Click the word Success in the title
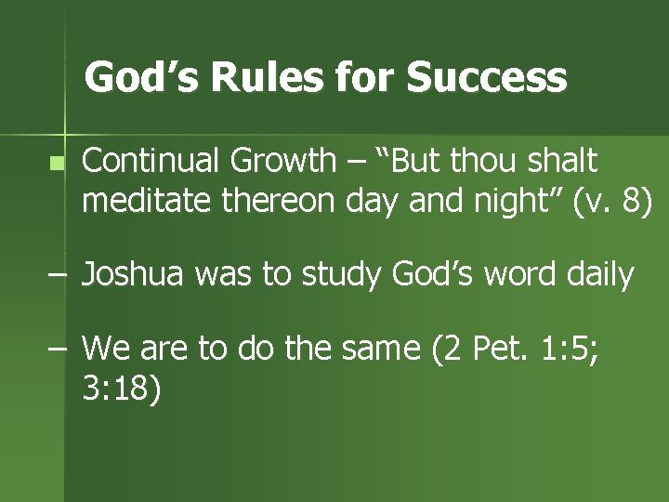[487, 78]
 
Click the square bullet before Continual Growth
[58, 164]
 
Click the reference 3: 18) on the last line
[122, 389]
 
